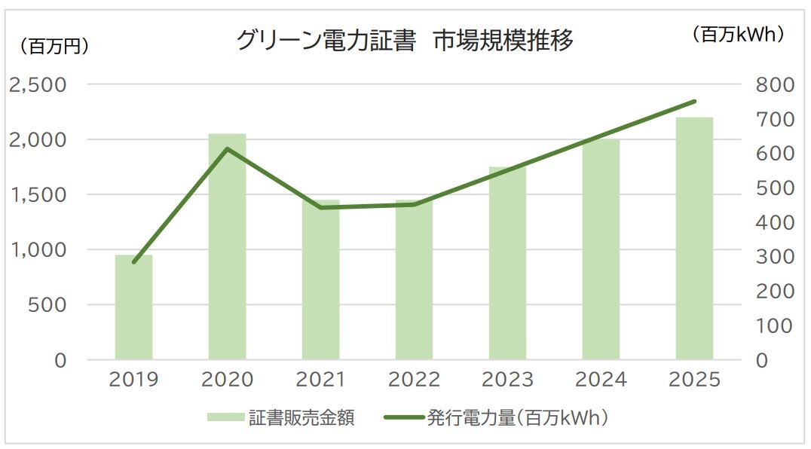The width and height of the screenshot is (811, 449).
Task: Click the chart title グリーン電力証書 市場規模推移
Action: click(x=405, y=40)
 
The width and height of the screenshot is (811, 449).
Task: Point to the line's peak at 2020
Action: click(x=228, y=148)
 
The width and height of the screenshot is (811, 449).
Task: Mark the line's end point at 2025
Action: click(x=694, y=101)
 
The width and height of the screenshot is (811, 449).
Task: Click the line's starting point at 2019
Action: click(x=134, y=262)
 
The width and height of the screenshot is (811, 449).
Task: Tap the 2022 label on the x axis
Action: click(x=414, y=380)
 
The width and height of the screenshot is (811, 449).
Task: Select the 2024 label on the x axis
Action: click(x=601, y=380)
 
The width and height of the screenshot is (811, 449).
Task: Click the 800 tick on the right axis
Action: click(x=774, y=84)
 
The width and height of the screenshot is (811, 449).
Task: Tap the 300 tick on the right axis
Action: click(x=774, y=257)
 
